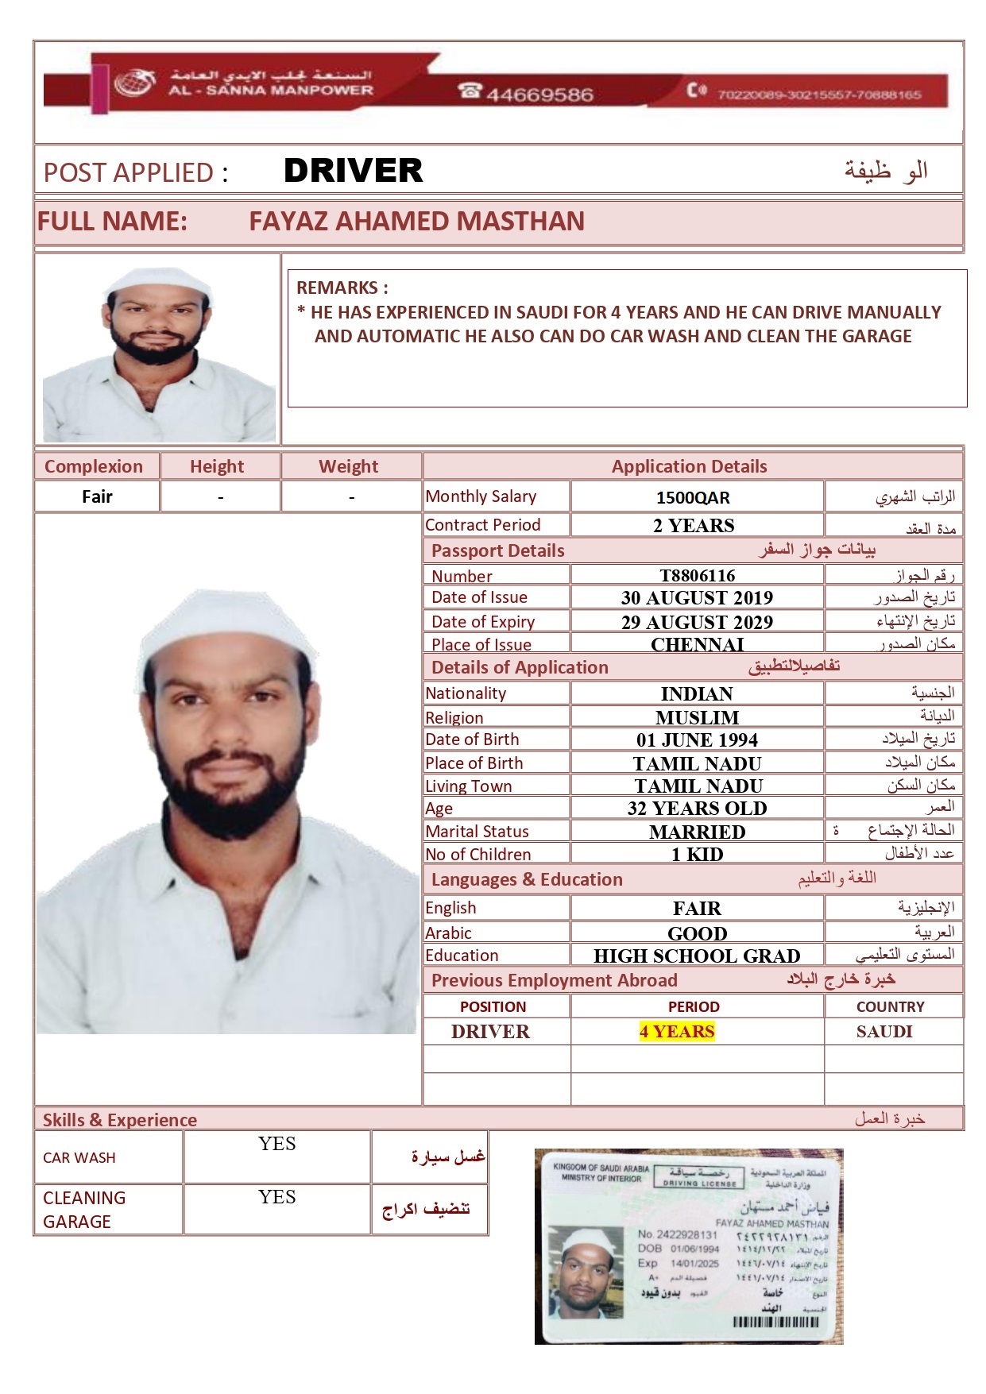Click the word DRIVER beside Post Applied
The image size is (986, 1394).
(x=353, y=171)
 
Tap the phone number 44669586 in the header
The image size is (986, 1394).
(x=539, y=95)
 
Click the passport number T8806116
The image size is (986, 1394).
(x=697, y=575)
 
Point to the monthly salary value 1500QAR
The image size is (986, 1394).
(x=693, y=497)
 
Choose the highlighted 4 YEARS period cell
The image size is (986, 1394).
(x=677, y=1031)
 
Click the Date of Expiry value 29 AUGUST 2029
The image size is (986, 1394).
(x=697, y=622)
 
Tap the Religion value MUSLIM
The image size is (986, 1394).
(x=697, y=717)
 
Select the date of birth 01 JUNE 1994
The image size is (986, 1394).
(x=697, y=740)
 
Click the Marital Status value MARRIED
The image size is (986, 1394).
(x=697, y=832)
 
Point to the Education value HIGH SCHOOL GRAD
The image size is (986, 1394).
(x=697, y=956)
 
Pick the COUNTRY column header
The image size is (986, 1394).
(x=890, y=1006)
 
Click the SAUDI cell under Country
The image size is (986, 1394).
(x=884, y=1031)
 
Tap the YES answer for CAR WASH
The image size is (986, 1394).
(x=276, y=1144)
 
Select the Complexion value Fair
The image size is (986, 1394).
(x=97, y=497)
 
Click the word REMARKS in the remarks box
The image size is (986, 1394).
(x=338, y=288)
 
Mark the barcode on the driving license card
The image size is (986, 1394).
(x=775, y=1323)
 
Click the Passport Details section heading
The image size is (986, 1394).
(x=497, y=550)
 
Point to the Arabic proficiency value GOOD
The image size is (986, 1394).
(x=697, y=933)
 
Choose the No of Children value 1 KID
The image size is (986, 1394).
(x=697, y=855)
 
